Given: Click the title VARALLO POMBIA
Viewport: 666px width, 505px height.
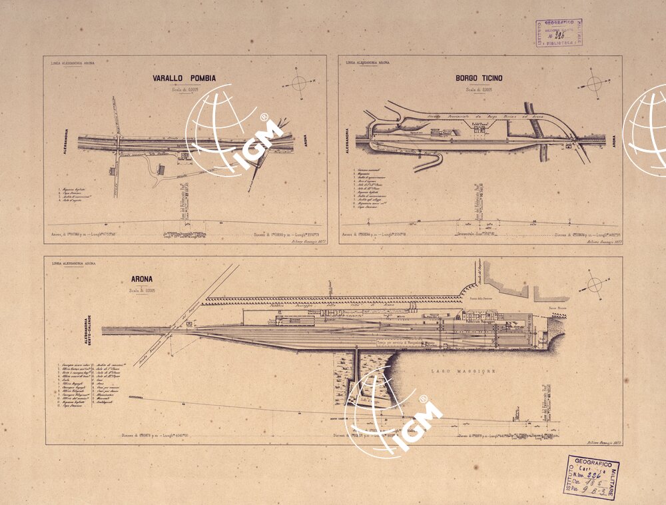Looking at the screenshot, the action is pyautogui.click(x=184, y=78).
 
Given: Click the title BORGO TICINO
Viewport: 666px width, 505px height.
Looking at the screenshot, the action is pyautogui.click(x=479, y=78).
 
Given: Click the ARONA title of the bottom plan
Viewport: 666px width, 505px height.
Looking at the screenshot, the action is pyautogui.click(x=141, y=281).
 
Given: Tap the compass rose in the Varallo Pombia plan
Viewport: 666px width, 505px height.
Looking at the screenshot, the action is pyautogui.click(x=299, y=83).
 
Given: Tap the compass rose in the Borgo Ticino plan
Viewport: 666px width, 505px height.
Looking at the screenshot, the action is pyautogui.click(x=595, y=83).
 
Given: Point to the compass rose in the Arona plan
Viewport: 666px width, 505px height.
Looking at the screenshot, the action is pyautogui.click(x=595, y=285).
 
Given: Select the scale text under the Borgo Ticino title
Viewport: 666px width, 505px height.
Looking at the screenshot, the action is pyautogui.click(x=479, y=89).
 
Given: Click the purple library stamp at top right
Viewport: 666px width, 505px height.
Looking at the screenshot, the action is pyautogui.click(x=559, y=33).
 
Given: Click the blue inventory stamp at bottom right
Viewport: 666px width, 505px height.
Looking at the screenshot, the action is pyautogui.click(x=590, y=478).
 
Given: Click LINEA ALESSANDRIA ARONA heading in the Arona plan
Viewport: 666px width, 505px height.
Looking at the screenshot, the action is pyautogui.click(x=73, y=264).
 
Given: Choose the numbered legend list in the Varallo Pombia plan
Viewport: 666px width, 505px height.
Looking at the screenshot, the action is pyautogui.click(x=79, y=195).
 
